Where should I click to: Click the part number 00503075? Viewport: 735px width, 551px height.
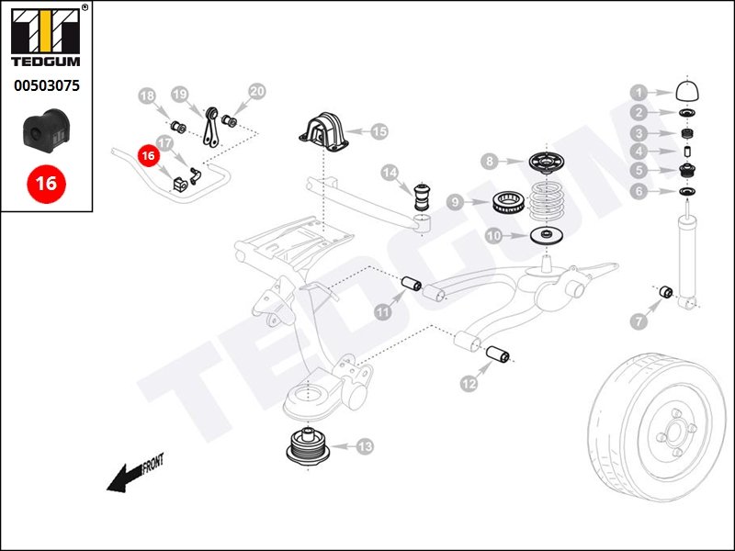(46, 86)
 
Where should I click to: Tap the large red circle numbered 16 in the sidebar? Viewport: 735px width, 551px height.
(45, 183)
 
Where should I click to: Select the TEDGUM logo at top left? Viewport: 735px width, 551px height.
(46, 39)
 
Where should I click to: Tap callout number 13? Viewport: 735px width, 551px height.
(365, 447)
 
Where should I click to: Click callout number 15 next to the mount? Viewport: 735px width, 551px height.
(379, 131)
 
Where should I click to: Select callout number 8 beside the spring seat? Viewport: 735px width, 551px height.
(491, 162)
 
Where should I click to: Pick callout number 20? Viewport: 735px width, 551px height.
(257, 91)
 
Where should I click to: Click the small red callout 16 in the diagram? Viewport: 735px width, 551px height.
(147, 156)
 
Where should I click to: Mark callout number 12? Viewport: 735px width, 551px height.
(469, 383)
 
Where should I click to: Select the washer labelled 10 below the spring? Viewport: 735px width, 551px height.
(547, 236)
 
